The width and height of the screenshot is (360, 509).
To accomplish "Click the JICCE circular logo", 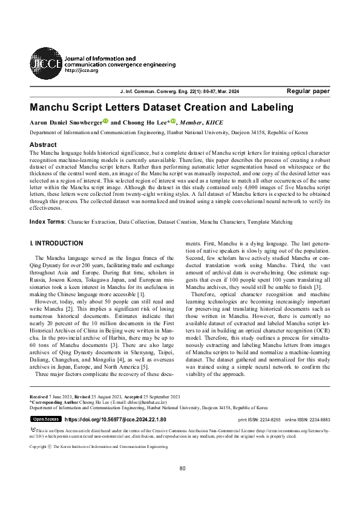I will pyautogui.click(x=46, y=60).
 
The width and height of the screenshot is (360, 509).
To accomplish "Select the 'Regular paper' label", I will pyautogui.click(x=308, y=91).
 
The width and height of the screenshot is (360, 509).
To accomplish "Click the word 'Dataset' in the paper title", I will pyautogui.click(x=173, y=108).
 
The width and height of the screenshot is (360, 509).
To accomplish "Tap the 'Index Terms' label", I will pyautogui.click(x=47, y=222).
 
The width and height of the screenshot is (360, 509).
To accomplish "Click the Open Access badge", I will pyautogui.click(x=45, y=418).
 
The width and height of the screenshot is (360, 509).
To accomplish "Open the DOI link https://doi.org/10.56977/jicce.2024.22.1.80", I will pyautogui.click(x=115, y=418).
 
